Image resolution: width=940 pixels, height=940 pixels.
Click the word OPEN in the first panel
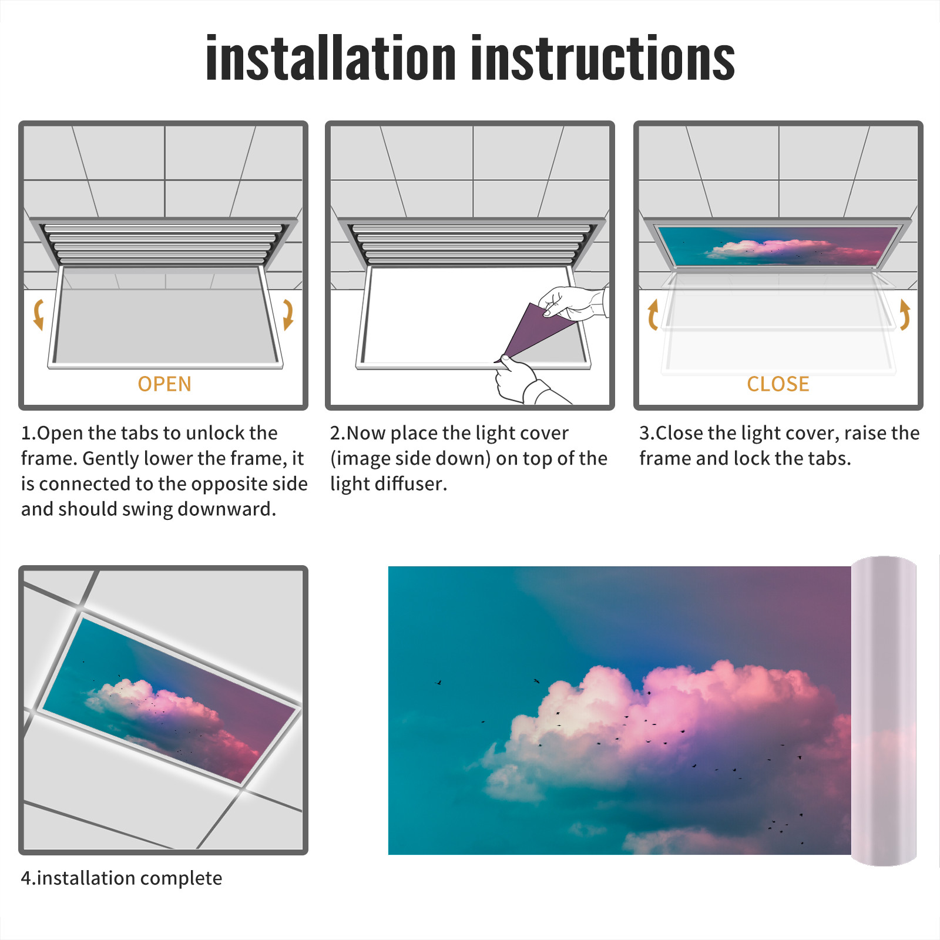[164, 384]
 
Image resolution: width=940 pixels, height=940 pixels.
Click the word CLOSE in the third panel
[778, 384]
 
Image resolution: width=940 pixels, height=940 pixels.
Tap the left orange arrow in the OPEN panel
[38, 314]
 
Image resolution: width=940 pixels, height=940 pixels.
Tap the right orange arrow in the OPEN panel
[288, 314]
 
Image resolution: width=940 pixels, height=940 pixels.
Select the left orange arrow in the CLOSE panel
[652, 314]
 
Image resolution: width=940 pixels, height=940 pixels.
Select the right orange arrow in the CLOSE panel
[905, 314]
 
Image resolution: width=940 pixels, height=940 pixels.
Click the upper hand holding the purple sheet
[573, 303]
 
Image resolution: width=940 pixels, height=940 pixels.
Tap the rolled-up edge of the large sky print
[884, 711]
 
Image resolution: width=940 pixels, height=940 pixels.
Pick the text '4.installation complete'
[122, 878]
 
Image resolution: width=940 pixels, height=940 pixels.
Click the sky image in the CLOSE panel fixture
[778, 246]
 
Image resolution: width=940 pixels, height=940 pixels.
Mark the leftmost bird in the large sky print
[438, 683]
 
